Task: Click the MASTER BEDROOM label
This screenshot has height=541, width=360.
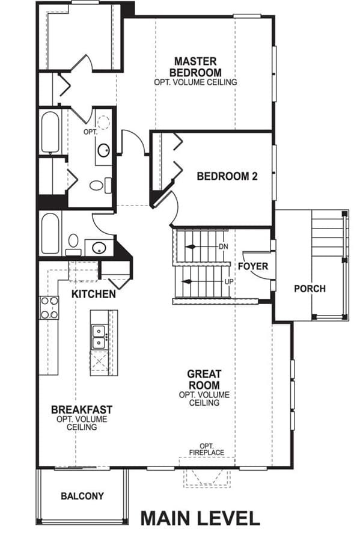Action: coord(195,67)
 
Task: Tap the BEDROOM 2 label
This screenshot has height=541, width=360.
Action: coord(227,176)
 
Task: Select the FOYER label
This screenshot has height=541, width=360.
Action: coord(253,266)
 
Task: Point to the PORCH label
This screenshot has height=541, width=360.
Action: coord(310,289)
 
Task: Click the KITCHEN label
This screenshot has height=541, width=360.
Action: coord(93,294)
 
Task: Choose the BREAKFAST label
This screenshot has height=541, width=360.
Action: coord(82,409)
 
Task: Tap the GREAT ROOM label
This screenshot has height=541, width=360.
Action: coord(204,379)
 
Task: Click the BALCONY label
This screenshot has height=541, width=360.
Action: coord(82,496)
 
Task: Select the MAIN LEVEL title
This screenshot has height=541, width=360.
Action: coord(200,519)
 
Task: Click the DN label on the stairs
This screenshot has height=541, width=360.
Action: coord(223,246)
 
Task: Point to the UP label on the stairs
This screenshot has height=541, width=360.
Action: coord(229,281)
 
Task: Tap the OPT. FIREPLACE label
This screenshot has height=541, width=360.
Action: coord(207,449)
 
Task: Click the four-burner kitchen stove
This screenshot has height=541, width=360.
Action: coord(49,308)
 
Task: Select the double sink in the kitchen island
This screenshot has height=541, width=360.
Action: coord(99,337)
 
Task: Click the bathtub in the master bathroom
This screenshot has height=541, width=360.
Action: coord(50,132)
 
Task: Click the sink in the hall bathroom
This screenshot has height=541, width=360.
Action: coord(99,248)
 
